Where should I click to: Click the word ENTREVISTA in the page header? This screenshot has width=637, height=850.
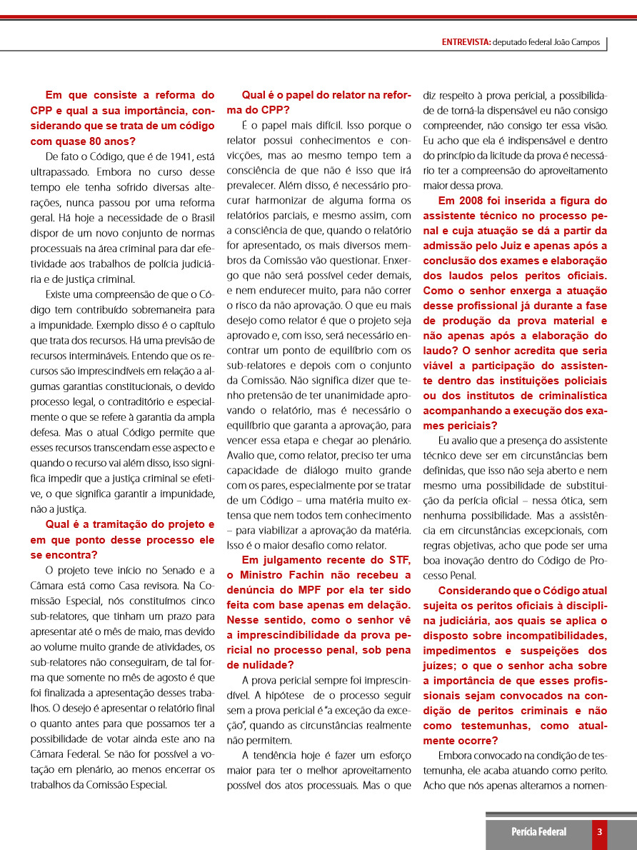click(466, 42)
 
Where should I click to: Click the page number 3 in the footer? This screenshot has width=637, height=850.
click(599, 831)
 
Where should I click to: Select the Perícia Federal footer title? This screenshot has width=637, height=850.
click(538, 831)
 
